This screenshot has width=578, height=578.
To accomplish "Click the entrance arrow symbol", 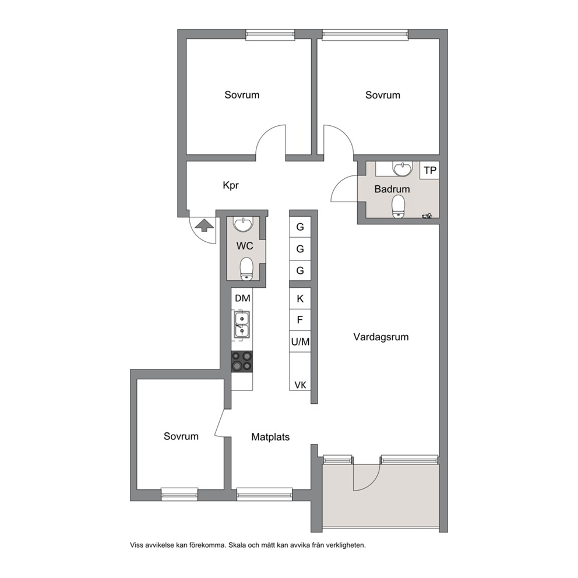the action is [x=204, y=225].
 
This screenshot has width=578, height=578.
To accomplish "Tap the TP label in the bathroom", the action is [x=430, y=170].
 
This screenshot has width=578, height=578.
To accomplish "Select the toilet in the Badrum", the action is [x=398, y=206].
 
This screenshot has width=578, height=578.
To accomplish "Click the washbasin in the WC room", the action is [x=243, y=224].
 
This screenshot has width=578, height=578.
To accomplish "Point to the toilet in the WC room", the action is [x=246, y=269].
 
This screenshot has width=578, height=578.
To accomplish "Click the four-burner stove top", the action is [x=242, y=361].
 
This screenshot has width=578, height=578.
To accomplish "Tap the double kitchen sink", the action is [x=242, y=325].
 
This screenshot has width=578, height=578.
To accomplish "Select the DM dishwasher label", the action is [x=242, y=298].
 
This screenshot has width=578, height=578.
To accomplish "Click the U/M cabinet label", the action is [x=301, y=341].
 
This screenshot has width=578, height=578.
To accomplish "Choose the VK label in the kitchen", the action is [x=301, y=385].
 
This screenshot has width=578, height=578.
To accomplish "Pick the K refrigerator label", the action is [x=300, y=298].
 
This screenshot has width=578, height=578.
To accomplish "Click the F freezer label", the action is [x=300, y=319].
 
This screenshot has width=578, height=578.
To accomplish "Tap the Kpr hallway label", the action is [x=231, y=185].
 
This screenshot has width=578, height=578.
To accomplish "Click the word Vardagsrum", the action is [x=381, y=337].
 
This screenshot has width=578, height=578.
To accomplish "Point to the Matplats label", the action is [x=270, y=437].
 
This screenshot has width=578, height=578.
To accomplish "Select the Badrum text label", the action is [x=392, y=189].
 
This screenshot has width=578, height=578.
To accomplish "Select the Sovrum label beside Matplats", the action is [x=181, y=436].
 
